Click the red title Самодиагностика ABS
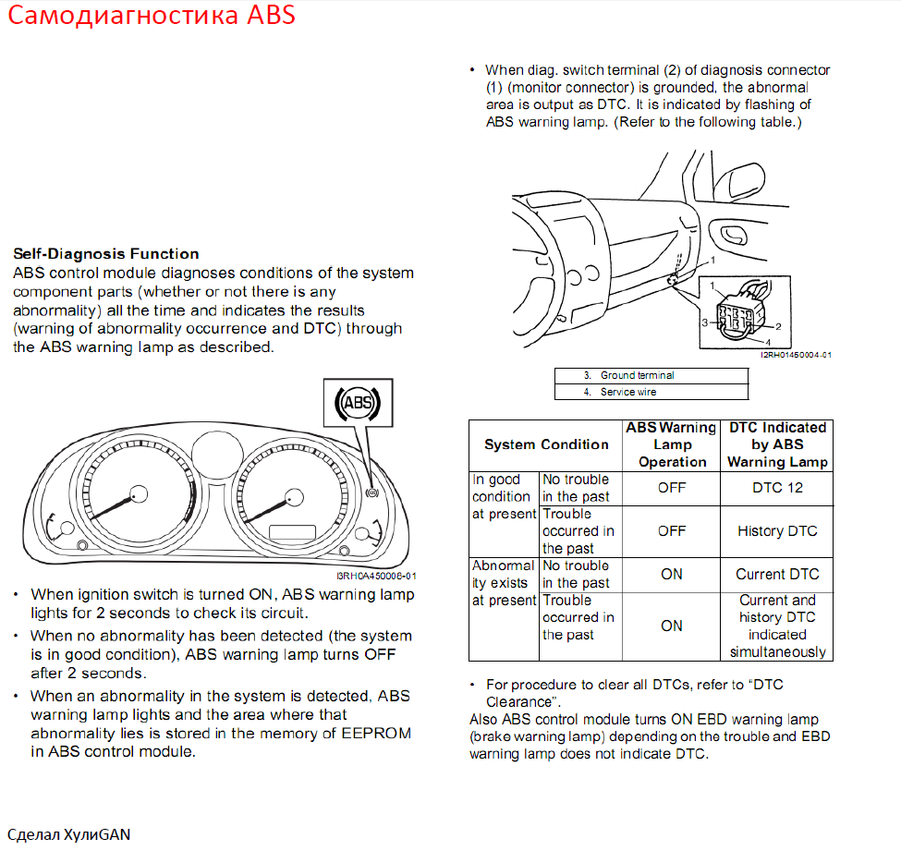click(152, 17)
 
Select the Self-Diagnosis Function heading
click(106, 254)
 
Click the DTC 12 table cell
click(777, 488)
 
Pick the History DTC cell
click(777, 530)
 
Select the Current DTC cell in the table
click(777, 574)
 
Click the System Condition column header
click(546, 444)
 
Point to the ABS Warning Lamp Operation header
click(671, 444)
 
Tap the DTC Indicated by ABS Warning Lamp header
click(777, 444)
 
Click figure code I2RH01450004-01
click(796, 355)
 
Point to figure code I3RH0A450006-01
click(382, 576)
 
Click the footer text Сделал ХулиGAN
click(69, 835)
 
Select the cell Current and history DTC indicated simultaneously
click(777, 626)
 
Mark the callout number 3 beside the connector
click(704, 322)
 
